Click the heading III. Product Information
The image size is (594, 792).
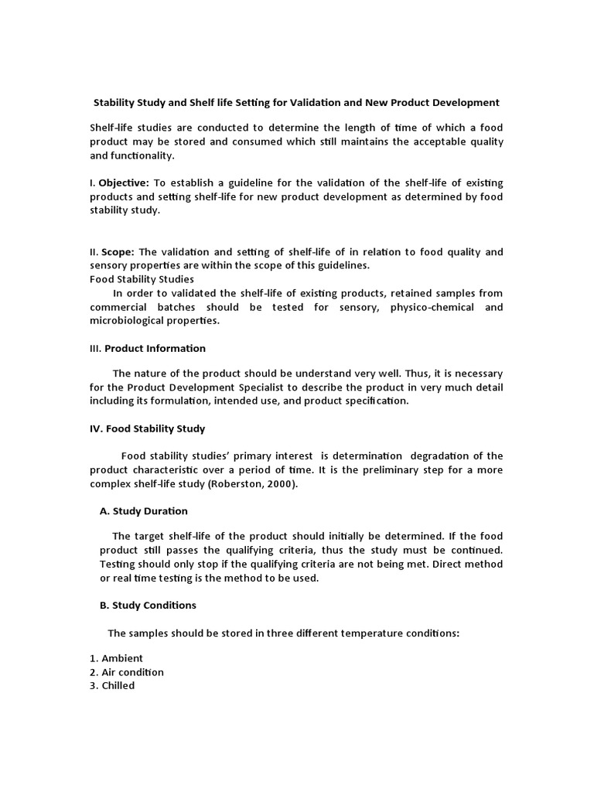(x=148, y=348)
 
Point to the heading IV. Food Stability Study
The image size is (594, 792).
(x=148, y=428)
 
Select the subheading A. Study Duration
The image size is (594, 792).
(x=144, y=511)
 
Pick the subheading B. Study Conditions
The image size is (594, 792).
(x=148, y=605)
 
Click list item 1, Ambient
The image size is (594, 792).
(x=117, y=658)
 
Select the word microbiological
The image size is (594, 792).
(x=132, y=321)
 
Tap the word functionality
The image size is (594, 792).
(x=142, y=155)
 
